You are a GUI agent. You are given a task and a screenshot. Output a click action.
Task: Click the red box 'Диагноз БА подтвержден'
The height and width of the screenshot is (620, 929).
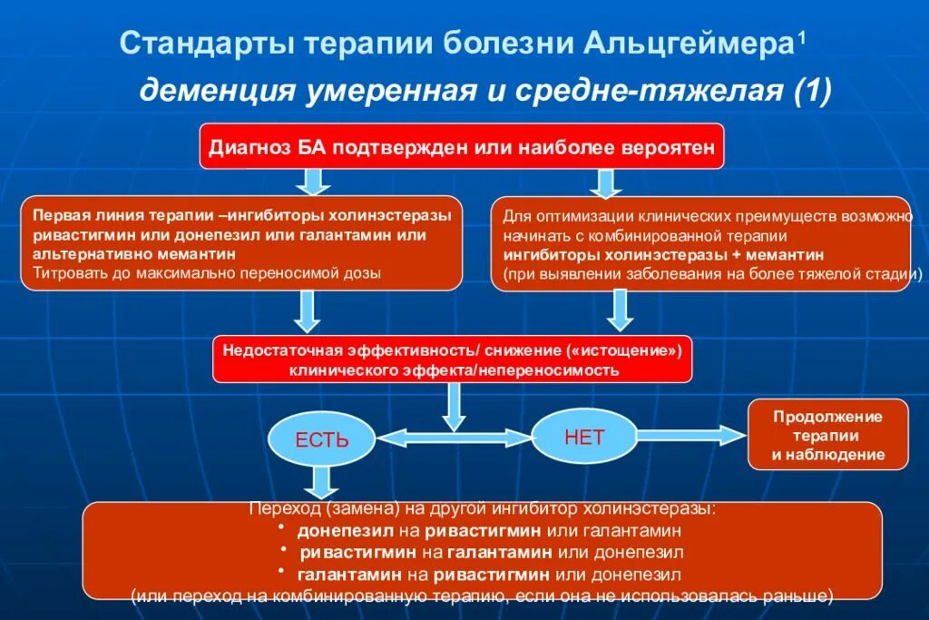[x=462, y=146]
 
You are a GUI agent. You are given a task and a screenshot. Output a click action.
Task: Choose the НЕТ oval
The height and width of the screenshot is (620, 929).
[x=583, y=437]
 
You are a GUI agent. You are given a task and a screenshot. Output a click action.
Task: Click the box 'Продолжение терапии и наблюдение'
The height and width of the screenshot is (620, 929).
[x=827, y=436]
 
